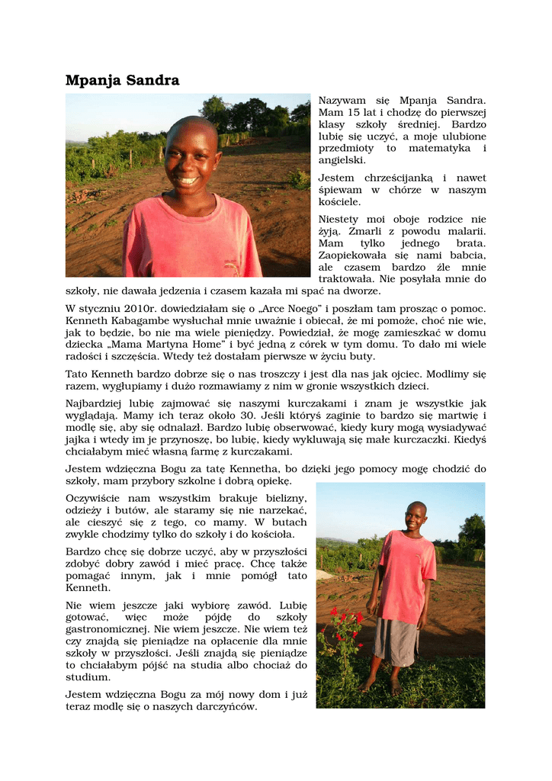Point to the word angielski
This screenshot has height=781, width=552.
(342, 160)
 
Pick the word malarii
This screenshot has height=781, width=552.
(465, 231)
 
